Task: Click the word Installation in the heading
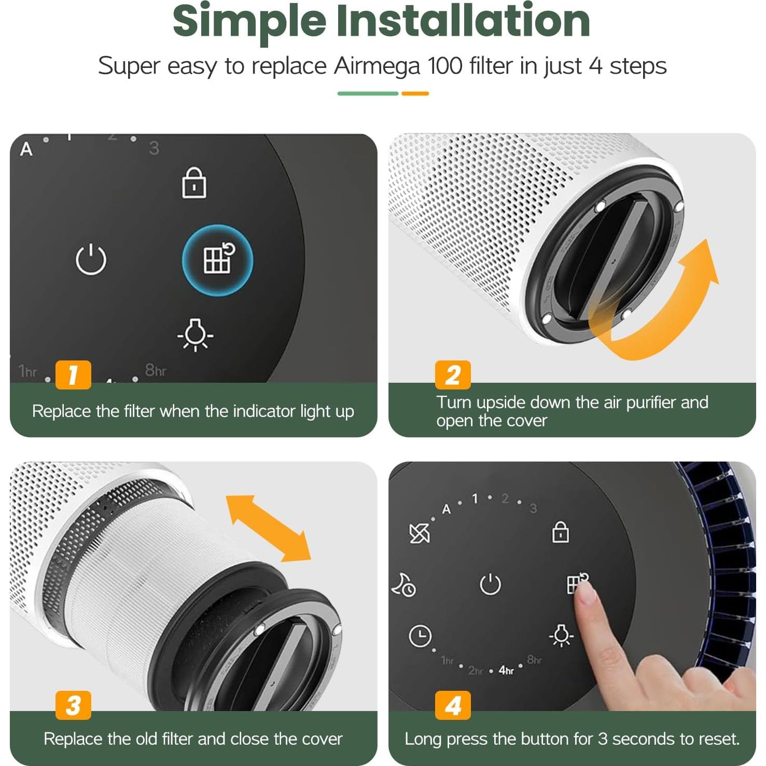[463, 21]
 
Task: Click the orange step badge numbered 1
[73, 374]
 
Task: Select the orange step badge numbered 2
[453, 374]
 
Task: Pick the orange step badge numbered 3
[73, 705]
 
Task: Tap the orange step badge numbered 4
[453, 705]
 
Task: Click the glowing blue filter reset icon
[217, 260]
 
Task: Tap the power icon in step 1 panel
[91, 259]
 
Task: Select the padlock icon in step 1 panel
[193, 183]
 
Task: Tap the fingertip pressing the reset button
[585, 592]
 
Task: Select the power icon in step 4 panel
[490, 584]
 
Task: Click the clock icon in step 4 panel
[420, 636]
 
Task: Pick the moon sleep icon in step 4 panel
[403, 586]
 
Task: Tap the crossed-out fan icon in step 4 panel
[419, 533]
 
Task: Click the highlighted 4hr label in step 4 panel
[506, 671]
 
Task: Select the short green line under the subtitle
[368, 94]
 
